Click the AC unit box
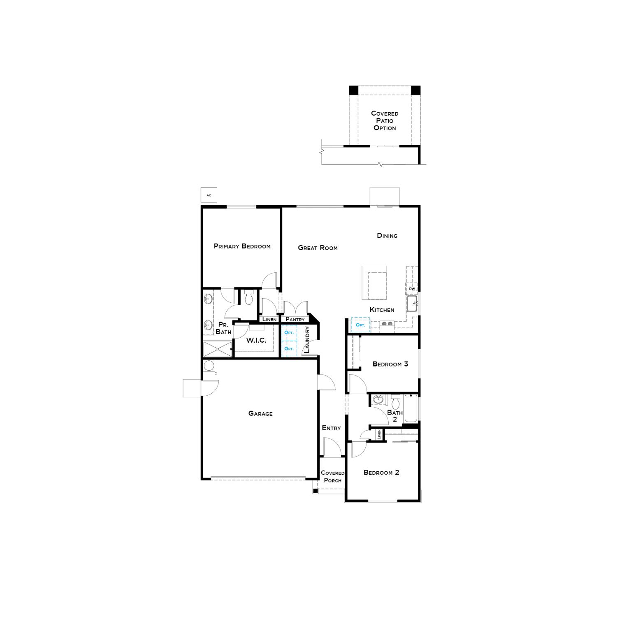pyautogui.click(x=209, y=195)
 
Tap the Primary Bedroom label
pyautogui.click(x=242, y=246)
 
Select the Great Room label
pyautogui.click(x=318, y=248)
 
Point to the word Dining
pyautogui.click(x=387, y=236)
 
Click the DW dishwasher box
pyautogui.click(x=412, y=289)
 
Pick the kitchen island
pyautogui.click(x=374, y=283)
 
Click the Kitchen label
pyautogui.click(x=382, y=310)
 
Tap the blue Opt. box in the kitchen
pyautogui.click(x=360, y=325)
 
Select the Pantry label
pyautogui.click(x=295, y=319)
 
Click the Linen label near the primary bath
pyautogui.click(x=269, y=319)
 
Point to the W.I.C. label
pyautogui.click(x=256, y=341)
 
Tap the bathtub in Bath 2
pyautogui.click(x=411, y=408)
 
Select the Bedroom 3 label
pyautogui.click(x=390, y=364)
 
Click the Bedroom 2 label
pyautogui.click(x=381, y=472)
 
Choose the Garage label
pyautogui.click(x=260, y=413)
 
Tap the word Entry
pyautogui.click(x=331, y=428)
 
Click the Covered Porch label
pyautogui.click(x=332, y=477)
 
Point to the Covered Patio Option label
pyautogui.click(x=385, y=121)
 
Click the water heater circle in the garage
pyautogui.click(x=209, y=366)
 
